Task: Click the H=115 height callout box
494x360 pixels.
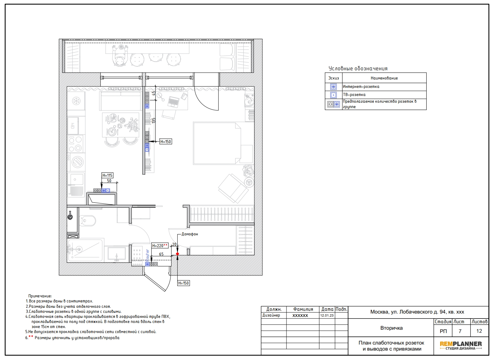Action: tap(107, 175)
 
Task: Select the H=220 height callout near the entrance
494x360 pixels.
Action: tap(160, 246)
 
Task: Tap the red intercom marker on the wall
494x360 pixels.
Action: tap(177, 254)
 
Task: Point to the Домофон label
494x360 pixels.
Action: tap(190, 234)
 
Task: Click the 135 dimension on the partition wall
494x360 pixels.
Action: tap(154, 121)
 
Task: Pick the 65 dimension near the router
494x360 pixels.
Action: tap(161, 254)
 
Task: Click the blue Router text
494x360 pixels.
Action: tap(147, 256)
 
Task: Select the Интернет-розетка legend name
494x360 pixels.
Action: tap(361, 87)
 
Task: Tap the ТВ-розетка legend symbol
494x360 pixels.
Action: tap(334, 95)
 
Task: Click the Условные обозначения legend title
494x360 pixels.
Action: tap(358, 69)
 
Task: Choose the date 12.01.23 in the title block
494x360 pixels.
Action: tap(327, 316)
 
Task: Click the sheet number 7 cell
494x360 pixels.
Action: tap(460, 331)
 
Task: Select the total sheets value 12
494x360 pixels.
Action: tap(479, 331)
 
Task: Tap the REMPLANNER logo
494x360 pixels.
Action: tap(461, 346)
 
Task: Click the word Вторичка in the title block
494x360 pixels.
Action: tap(392, 328)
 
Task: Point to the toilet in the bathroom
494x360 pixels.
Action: tap(88, 221)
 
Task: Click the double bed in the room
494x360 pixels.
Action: tap(223, 143)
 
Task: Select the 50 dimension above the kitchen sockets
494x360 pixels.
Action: tap(109, 181)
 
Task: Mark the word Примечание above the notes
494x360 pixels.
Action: tap(40, 296)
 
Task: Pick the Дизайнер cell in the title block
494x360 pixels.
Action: tap(271, 316)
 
